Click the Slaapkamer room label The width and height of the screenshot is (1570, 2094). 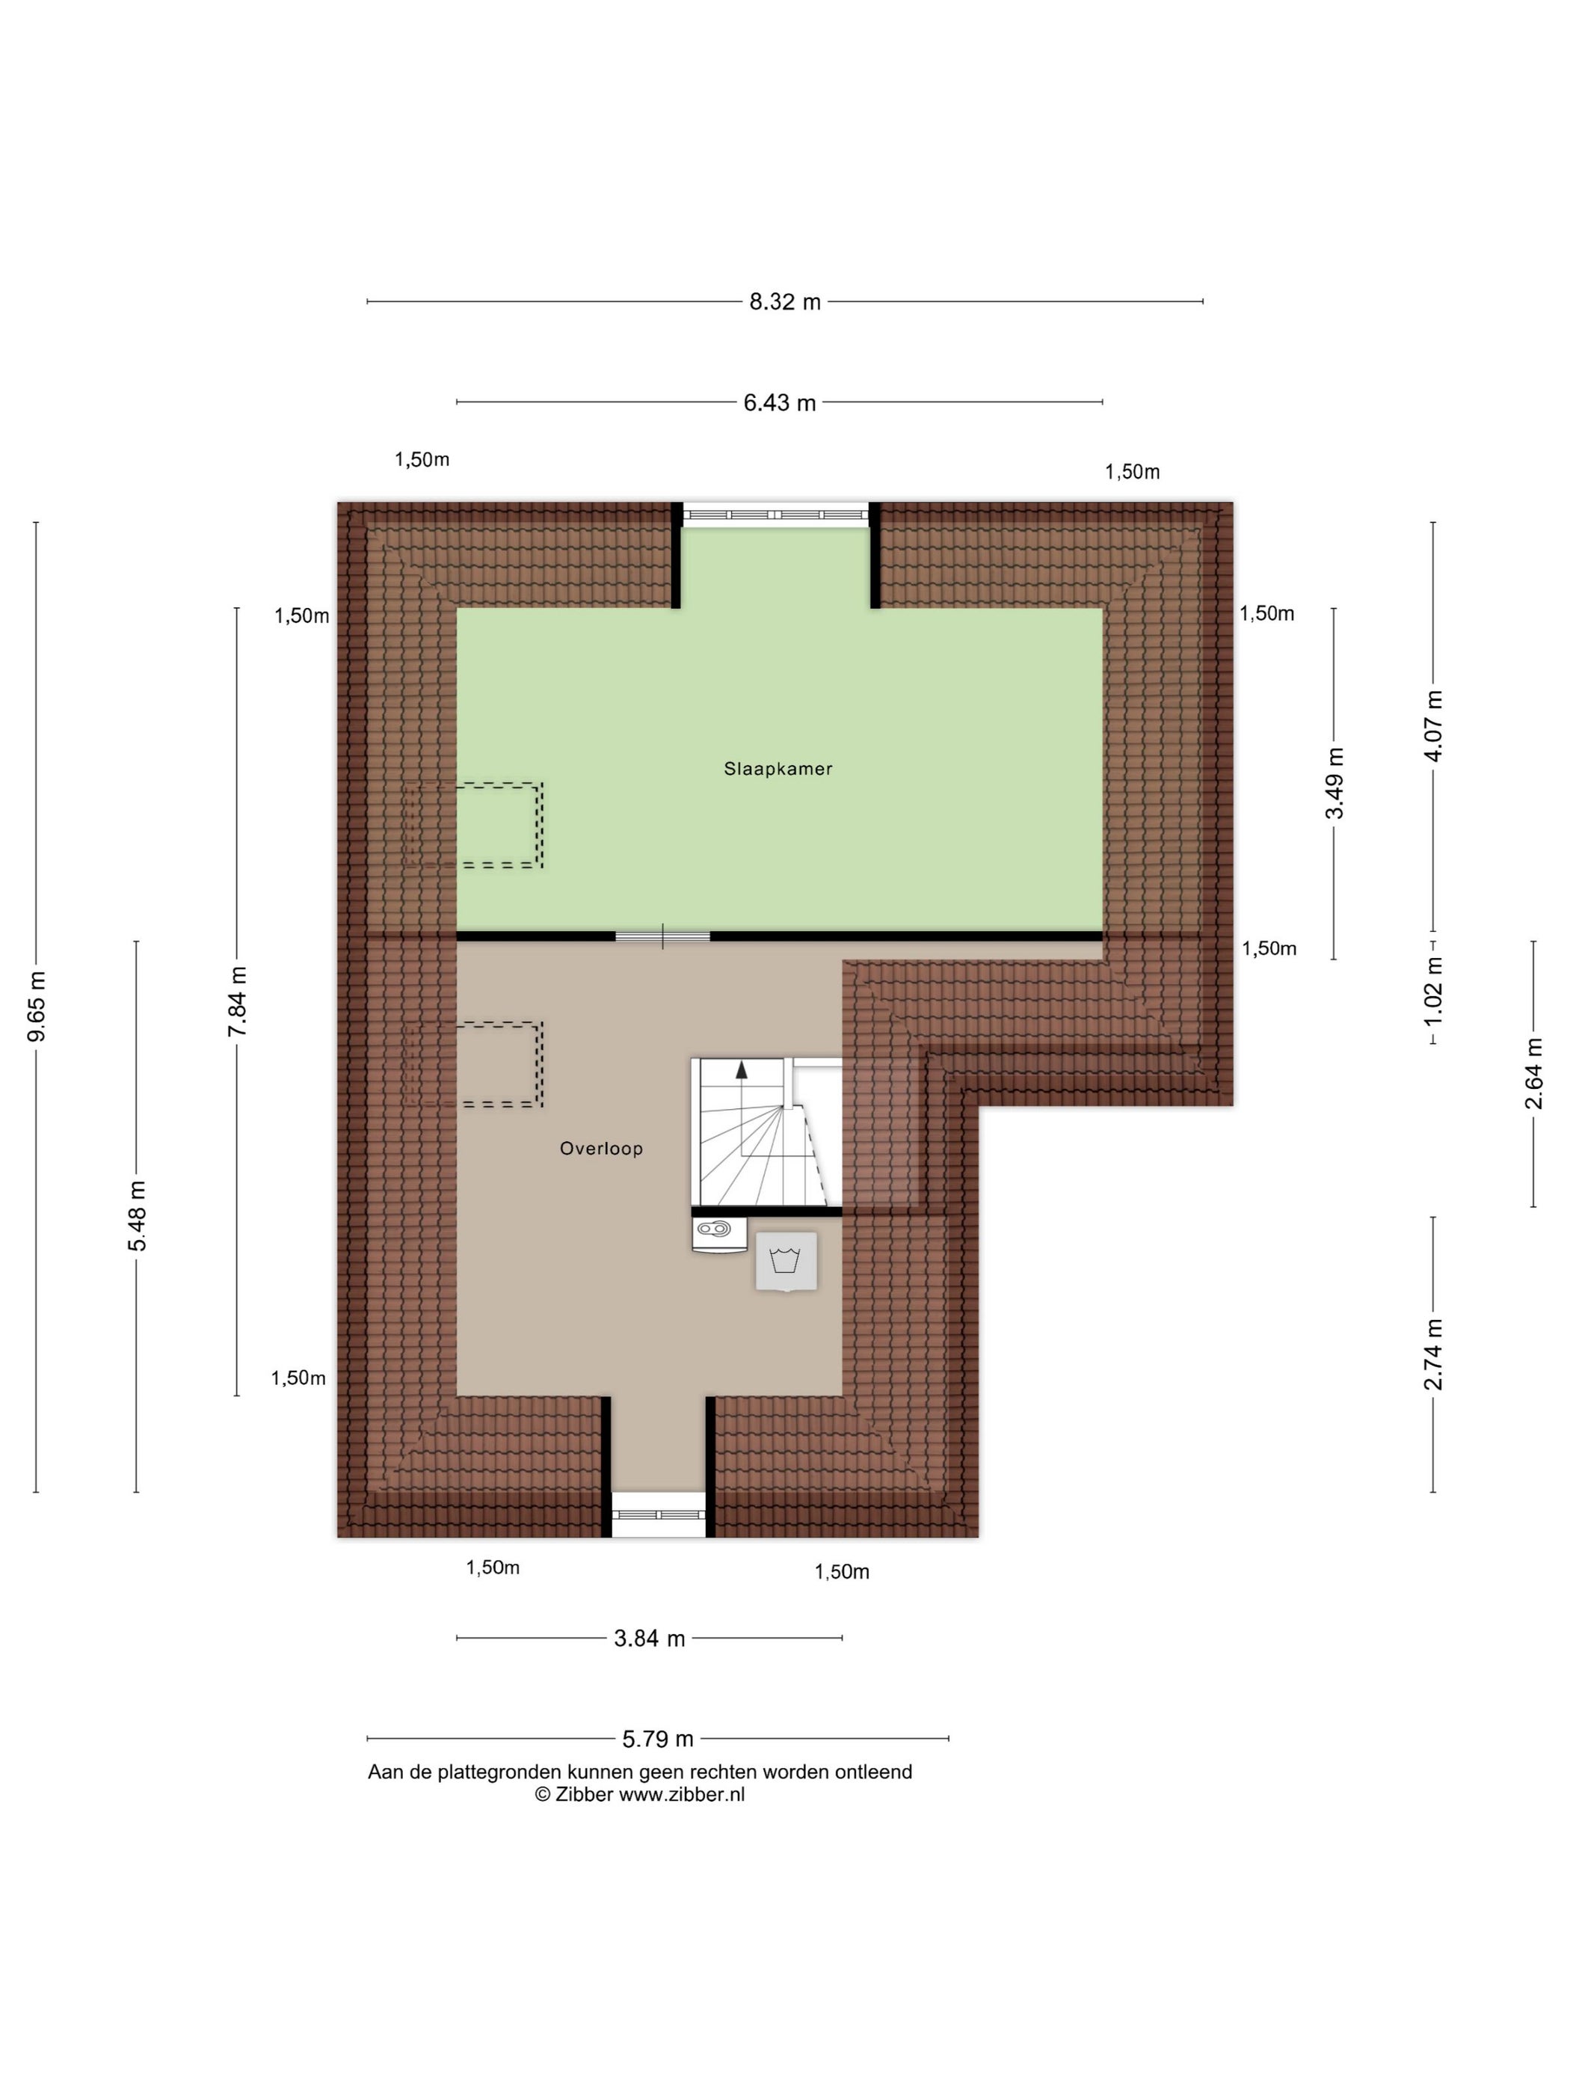point(778,769)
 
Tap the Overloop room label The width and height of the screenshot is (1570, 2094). point(601,1148)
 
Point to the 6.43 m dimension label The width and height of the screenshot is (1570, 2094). point(780,402)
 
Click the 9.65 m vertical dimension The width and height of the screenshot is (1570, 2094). point(37,1007)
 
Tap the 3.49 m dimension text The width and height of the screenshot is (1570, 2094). point(1334,783)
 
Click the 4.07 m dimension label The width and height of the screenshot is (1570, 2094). point(1434,726)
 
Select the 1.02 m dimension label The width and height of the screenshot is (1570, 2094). point(1434,990)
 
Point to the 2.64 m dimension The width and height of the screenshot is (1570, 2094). point(1534,1073)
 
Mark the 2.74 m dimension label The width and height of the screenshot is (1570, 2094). point(1434,1354)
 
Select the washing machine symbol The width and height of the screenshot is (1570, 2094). point(786,1261)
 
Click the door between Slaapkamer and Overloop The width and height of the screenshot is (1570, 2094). point(662,936)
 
